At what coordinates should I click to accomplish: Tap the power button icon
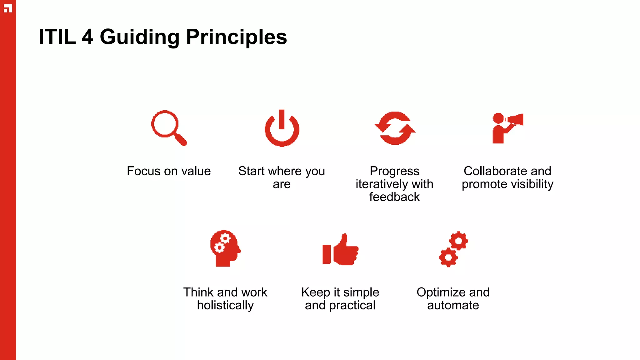pyautogui.click(x=282, y=128)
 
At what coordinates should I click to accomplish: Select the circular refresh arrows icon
pyautogui.click(x=395, y=128)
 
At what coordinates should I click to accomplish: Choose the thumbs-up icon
pyautogui.click(x=341, y=250)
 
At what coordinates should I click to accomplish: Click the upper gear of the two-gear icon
pyautogui.click(x=458, y=241)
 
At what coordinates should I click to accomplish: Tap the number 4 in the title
pyautogui.click(x=87, y=37)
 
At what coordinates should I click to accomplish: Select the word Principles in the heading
pyautogui.click(x=236, y=37)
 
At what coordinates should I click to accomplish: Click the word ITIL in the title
pyautogui.click(x=57, y=37)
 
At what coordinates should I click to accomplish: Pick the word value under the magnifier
pyautogui.click(x=196, y=171)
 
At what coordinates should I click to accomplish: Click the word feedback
pyautogui.click(x=394, y=197)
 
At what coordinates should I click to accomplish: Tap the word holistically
pyautogui.click(x=225, y=305)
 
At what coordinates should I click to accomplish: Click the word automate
pyautogui.click(x=453, y=305)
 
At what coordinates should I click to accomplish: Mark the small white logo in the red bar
pyautogui.click(x=8, y=8)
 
